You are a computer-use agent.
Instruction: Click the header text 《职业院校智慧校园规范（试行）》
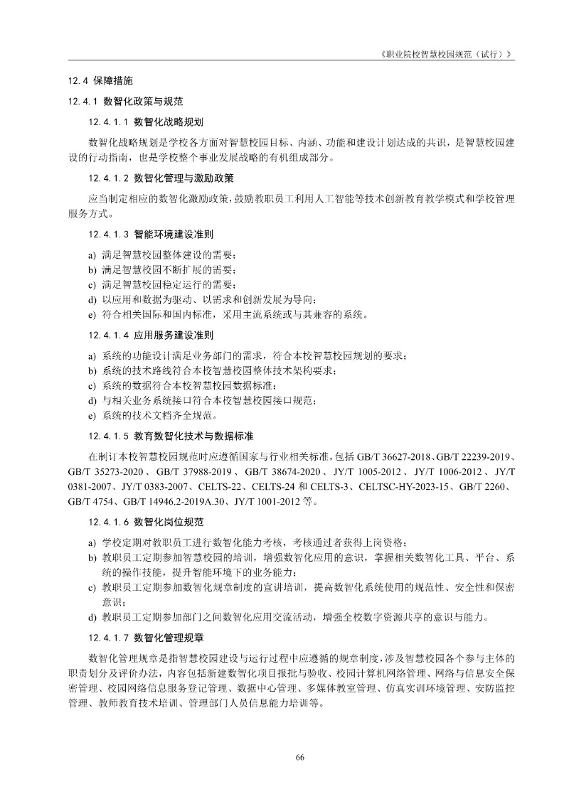[x=447, y=54]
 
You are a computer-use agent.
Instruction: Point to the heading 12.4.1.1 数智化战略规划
[x=146, y=122]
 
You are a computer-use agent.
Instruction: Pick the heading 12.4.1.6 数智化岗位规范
[x=146, y=521]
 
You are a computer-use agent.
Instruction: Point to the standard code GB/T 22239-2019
[x=474, y=454]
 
